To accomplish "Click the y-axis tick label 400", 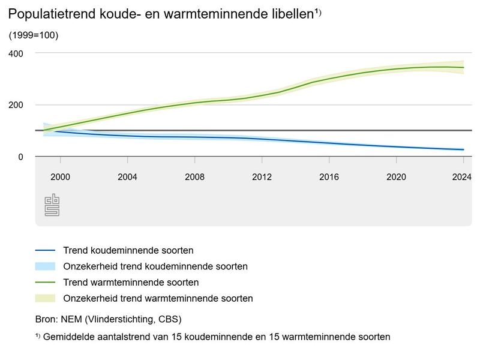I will tap(16, 53).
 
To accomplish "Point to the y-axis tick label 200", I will tap(16, 105).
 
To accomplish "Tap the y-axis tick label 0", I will tap(19, 157).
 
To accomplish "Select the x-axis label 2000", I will tap(61, 177).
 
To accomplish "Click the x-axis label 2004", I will tap(128, 177).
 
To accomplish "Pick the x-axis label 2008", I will tap(195, 177).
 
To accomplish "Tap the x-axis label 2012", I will tap(262, 177).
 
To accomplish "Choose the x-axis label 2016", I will tap(329, 177).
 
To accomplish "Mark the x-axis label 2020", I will tap(397, 177).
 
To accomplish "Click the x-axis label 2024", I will tap(461, 177).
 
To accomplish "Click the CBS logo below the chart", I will tap(52, 205).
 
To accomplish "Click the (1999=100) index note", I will tap(33, 35).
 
